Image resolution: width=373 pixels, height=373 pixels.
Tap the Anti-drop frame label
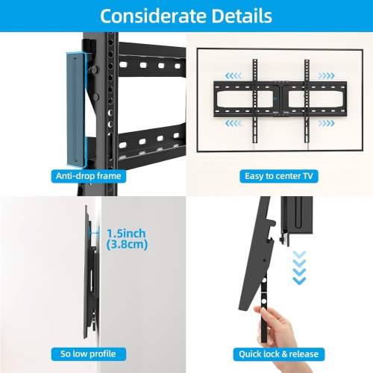pos(89,176)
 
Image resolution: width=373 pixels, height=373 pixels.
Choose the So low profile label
pos(89,354)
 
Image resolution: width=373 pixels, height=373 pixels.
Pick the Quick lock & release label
pos(278,354)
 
